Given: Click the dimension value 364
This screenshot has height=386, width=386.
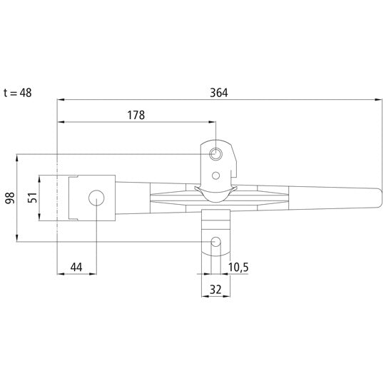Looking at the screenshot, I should (220, 92).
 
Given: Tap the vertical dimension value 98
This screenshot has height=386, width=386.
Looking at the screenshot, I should (9, 198).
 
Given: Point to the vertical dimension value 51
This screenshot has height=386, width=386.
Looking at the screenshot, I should (32, 198).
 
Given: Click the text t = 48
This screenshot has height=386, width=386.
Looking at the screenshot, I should (17, 92).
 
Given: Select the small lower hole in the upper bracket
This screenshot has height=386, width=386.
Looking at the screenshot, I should (215, 174).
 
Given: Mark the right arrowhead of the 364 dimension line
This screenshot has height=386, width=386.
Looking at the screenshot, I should (378, 100).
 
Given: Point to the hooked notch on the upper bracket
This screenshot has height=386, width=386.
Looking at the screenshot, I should (234, 171).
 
